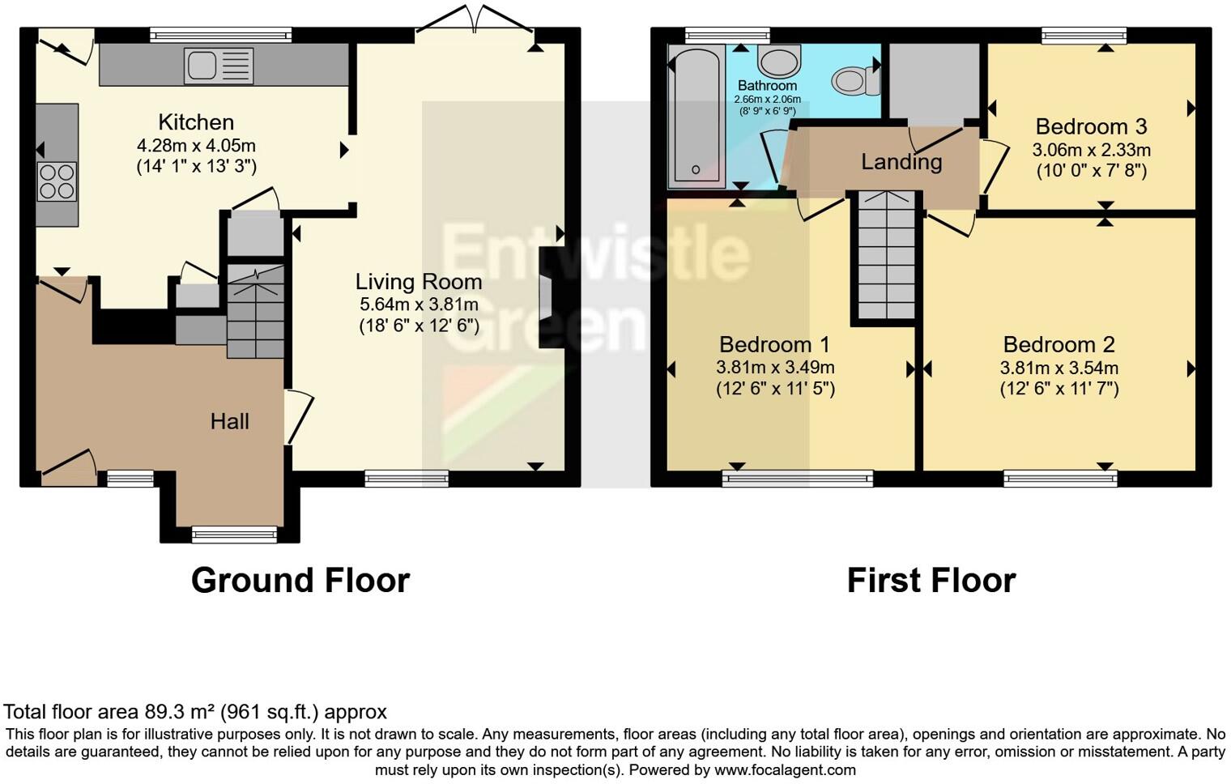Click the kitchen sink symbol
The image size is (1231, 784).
point(219,66)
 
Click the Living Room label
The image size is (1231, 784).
point(419,282)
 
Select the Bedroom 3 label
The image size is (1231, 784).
point(1091,127)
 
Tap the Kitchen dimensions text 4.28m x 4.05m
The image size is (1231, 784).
point(196,147)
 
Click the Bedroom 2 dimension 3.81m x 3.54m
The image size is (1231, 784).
point(1058,368)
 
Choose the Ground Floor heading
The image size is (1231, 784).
point(300,581)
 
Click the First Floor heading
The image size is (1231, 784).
point(931,581)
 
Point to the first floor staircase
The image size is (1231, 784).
point(885,255)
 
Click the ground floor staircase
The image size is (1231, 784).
point(255,312)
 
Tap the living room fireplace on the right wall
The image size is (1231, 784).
point(547,297)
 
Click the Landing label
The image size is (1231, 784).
point(901,162)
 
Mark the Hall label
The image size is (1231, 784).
point(229,421)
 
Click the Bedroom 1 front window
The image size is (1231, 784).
point(797,479)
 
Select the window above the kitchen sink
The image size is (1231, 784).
point(220,35)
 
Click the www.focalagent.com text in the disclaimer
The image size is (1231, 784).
point(785,769)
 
